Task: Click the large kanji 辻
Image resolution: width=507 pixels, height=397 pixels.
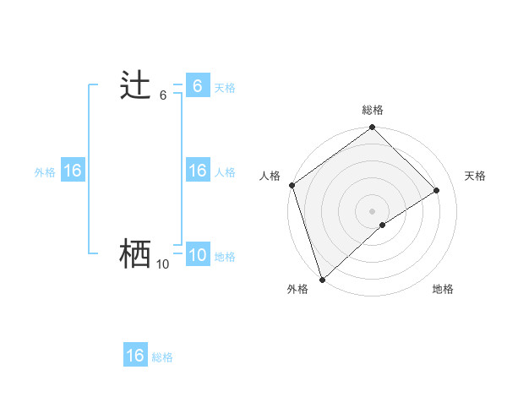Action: (x=135, y=85)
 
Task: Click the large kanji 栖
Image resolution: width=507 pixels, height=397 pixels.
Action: (x=135, y=254)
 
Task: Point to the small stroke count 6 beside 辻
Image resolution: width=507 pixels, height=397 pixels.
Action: (x=163, y=95)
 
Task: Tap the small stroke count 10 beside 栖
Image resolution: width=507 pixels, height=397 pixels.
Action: (x=162, y=264)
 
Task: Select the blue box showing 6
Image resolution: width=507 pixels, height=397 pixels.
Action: (x=197, y=85)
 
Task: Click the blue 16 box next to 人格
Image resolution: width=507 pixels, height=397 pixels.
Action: (x=197, y=171)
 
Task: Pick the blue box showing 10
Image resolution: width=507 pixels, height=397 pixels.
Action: (x=197, y=255)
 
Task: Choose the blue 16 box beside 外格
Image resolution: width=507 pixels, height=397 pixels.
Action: (x=73, y=171)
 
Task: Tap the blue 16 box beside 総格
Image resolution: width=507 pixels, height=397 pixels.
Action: (x=135, y=356)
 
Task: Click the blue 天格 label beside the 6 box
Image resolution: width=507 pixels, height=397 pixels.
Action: (x=225, y=87)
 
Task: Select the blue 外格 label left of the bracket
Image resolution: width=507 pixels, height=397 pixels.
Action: (x=45, y=172)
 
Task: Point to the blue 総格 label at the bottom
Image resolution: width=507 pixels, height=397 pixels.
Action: (x=162, y=357)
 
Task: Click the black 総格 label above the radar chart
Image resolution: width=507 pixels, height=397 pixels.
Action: (x=373, y=110)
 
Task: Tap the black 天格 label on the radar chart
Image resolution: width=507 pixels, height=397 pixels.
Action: (x=475, y=176)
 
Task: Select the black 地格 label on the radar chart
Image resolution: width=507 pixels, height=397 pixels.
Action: (x=443, y=289)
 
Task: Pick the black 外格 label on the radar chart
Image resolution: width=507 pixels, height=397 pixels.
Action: (x=297, y=289)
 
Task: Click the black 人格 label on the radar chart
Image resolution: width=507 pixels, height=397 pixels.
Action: (x=270, y=176)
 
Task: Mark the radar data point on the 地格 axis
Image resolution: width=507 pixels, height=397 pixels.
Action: (x=383, y=225)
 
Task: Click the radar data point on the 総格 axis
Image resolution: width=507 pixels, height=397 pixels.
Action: (x=373, y=128)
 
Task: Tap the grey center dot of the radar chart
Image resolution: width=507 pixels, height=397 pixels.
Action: (x=373, y=210)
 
